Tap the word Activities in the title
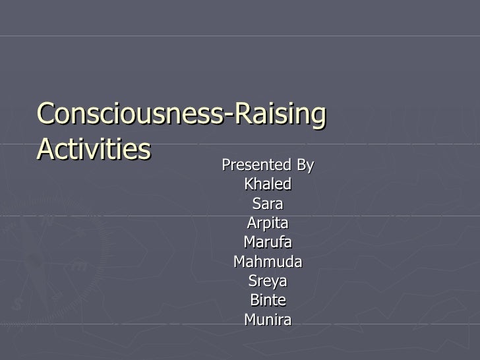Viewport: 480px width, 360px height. click(94, 149)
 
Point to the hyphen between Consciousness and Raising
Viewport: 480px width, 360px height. click(231, 117)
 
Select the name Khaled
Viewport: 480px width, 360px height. click(268, 184)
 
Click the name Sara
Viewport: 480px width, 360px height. click(268, 204)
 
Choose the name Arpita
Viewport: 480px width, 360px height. click(268, 224)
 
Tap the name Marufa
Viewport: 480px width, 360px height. click(268, 243)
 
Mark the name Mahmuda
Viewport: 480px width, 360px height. click(268, 262)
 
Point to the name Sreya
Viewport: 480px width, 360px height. click(268, 282)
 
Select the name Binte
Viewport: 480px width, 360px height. click(268, 301)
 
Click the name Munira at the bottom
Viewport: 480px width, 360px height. click(268, 320)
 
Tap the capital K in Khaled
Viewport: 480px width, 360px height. click(249, 184)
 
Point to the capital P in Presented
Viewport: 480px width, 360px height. click(225, 164)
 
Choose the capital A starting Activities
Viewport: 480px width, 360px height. click(45, 149)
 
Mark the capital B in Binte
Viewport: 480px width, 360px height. click(254, 301)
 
